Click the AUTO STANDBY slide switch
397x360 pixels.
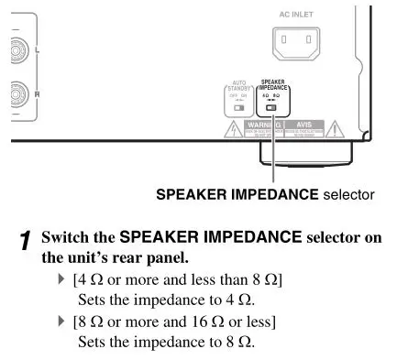point(239,106)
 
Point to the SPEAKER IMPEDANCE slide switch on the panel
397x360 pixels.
point(272,106)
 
